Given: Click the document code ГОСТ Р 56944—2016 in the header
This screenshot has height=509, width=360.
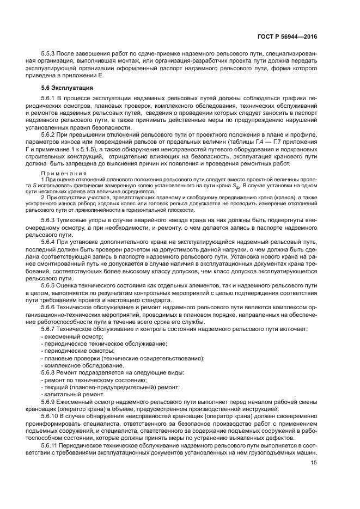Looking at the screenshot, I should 287,36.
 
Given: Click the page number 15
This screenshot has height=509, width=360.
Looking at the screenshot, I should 313,463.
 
